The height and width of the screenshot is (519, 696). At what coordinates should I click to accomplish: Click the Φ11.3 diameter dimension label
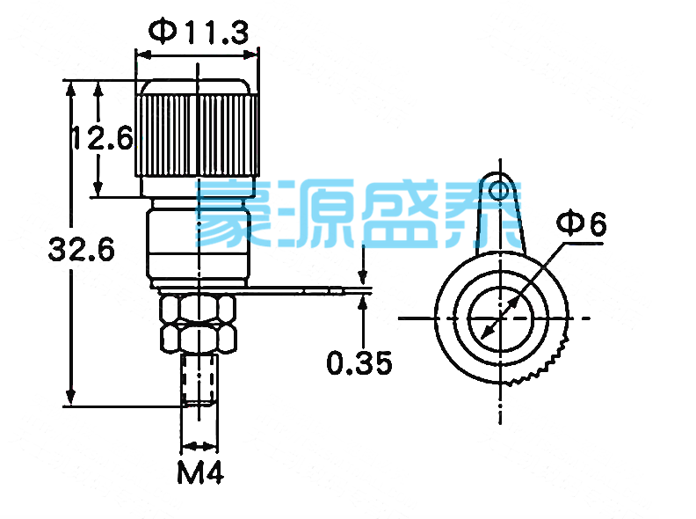point(199,32)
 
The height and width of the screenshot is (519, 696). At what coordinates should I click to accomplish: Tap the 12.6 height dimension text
point(103,137)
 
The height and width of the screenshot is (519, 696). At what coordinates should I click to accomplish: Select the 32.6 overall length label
point(81,249)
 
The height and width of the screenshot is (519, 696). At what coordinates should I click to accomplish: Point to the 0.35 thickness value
point(359,362)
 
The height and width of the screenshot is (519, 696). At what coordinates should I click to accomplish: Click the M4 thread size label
point(200,471)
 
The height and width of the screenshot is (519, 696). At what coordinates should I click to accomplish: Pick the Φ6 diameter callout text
point(581,223)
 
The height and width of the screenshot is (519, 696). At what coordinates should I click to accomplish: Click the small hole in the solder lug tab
point(499,191)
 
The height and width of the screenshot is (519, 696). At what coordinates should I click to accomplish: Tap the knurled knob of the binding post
point(197,128)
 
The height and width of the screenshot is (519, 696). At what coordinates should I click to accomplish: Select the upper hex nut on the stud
point(198,309)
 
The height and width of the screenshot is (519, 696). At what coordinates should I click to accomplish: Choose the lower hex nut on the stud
point(198,338)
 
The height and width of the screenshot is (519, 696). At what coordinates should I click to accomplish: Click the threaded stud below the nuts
point(199,379)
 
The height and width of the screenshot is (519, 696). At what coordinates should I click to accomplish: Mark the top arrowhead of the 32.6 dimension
point(70,88)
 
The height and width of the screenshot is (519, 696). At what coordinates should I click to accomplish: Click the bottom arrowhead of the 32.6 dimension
point(70,398)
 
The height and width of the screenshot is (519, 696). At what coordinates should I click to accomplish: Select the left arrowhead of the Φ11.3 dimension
point(144,55)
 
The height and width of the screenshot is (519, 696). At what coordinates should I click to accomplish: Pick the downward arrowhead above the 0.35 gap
point(363,277)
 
